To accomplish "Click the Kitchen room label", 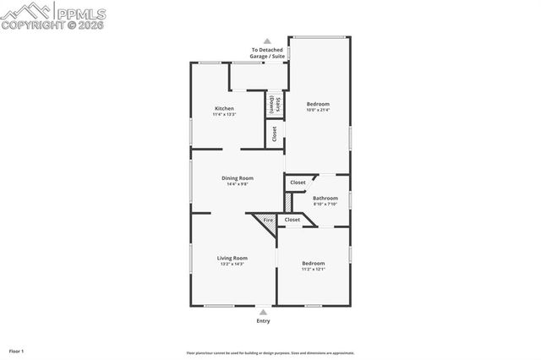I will coord(224,108).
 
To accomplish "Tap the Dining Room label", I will coord(238,177).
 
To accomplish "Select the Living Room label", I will coord(232,258).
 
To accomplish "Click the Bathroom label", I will coord(325,199).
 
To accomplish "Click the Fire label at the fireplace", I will coord(268,220).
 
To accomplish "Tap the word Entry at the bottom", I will coord(264,321).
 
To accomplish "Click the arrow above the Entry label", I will coord(264,312).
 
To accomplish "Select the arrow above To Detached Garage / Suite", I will coord(267,41).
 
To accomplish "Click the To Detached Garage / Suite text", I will coord(267,53).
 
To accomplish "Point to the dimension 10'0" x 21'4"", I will coord(318,110).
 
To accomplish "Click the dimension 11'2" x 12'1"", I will coord(314,270).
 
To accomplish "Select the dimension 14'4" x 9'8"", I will coord(238,184).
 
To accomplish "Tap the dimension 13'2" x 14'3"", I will coord(232,265).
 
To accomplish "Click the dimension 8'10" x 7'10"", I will coord(325,205).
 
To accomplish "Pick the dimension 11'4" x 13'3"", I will coord(224,114).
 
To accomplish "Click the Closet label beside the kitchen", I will coord(275,134).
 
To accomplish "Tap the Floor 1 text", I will coord(17,350).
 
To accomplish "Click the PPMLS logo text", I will coord(81,12).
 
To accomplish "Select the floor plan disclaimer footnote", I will coord(270,353).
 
